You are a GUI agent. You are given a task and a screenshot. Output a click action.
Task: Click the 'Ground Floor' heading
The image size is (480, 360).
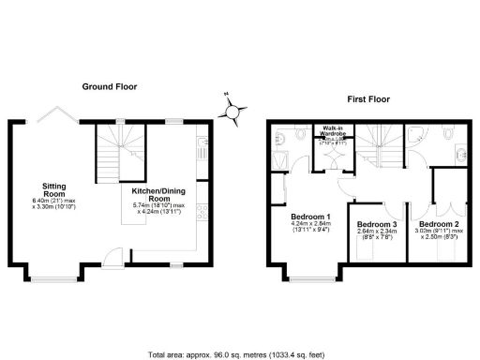pyautogui.click(x=109, y=86)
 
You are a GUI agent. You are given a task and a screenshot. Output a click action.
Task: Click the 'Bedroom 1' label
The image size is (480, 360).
pyautogui.click(x=308, y=217)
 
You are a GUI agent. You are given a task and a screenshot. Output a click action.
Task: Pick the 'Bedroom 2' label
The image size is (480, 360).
pyautogui.click(x=438, y=225)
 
